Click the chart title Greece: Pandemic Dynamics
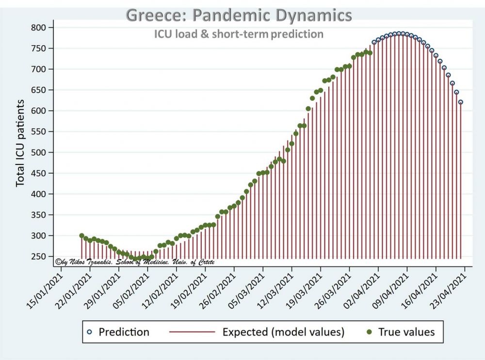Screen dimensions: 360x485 239,15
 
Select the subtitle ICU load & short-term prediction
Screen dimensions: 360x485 239,34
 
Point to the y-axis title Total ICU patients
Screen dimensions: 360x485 20,143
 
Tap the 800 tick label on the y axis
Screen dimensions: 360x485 38,28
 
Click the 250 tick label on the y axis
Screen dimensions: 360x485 38,257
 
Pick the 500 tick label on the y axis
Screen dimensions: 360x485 38,152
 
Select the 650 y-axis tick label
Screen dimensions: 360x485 38,90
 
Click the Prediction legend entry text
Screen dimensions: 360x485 124,332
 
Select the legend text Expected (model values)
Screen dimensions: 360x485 283,332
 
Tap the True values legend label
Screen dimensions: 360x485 406,332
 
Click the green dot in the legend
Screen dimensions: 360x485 369,332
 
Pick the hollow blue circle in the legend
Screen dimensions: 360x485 89,332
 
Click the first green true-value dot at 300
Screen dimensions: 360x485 81,236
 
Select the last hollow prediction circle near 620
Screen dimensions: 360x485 460,102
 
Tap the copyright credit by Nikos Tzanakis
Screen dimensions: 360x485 135,262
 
